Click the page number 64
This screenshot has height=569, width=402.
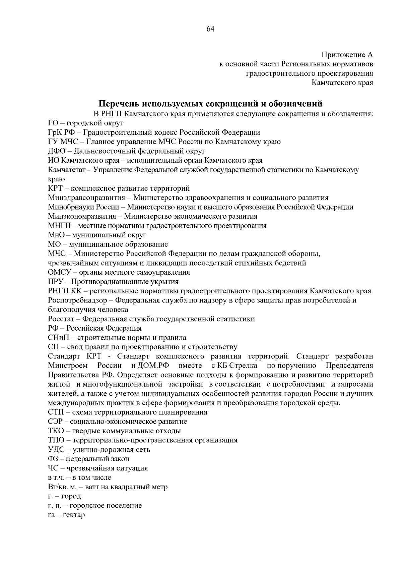click(210, 29)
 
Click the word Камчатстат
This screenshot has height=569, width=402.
click(67, 170)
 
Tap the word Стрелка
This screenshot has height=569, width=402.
click(243, 365)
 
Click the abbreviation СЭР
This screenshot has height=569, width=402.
click(56, 421)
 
